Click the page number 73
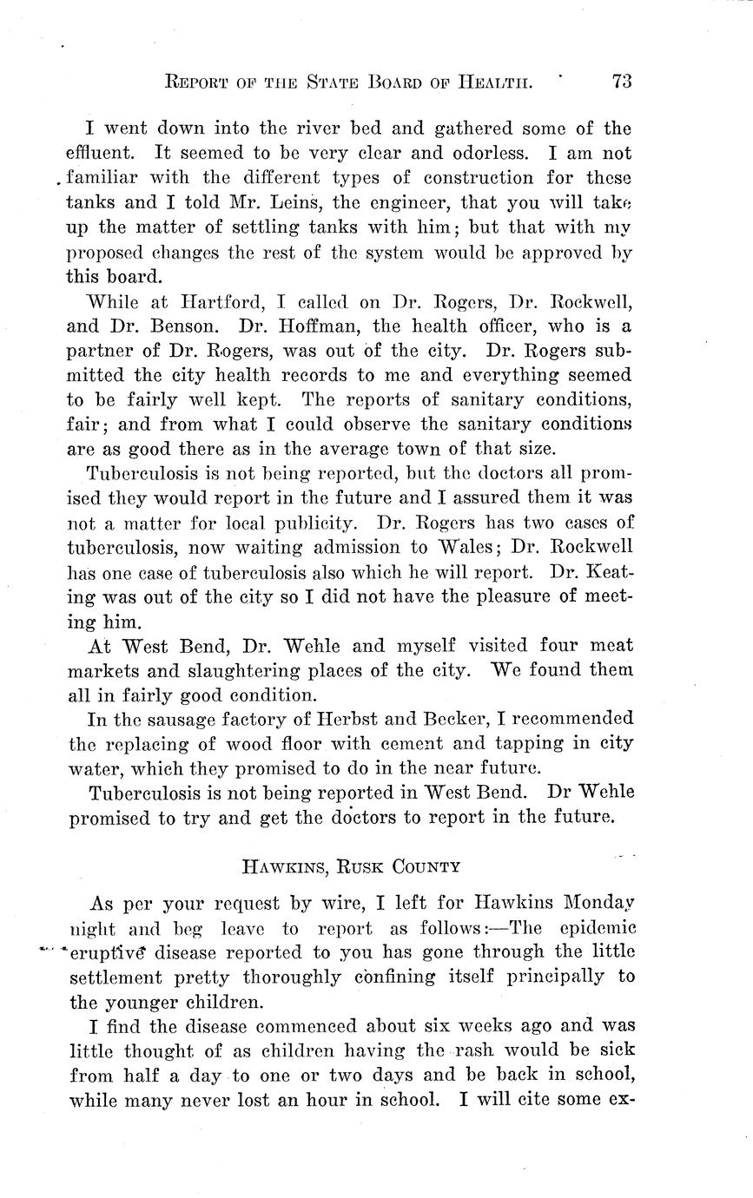point(621,82)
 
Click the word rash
point(492,1050)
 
